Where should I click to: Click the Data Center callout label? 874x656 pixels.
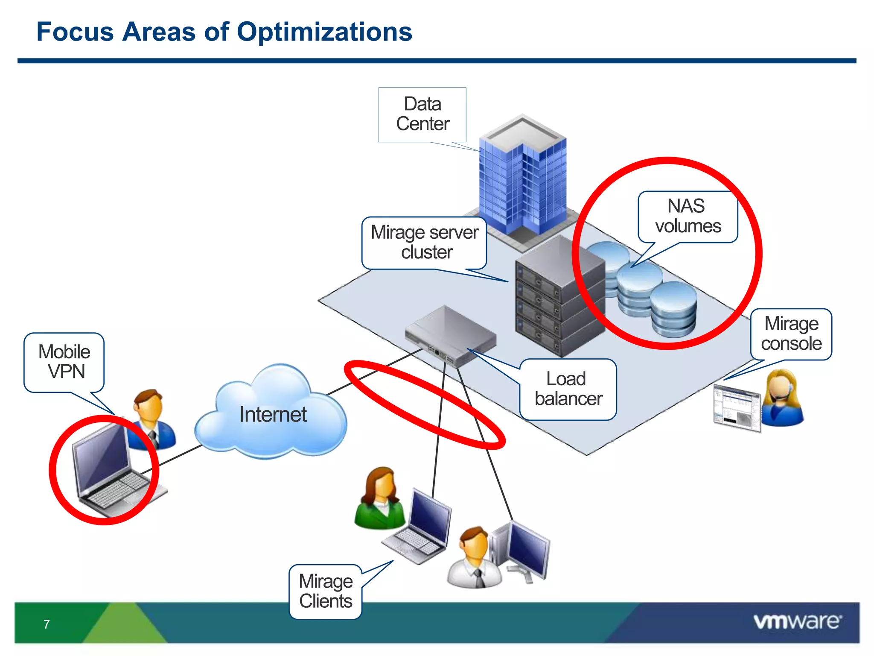(422, 114)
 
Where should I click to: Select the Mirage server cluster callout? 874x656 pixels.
(424, 242)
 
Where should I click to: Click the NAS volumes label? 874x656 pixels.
(688, 216)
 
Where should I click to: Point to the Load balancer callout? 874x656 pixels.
(568, 389)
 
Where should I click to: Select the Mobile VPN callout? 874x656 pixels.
(64, 362)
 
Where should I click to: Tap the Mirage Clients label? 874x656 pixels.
(326, 591)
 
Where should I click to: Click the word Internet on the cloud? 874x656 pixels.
(273, 414)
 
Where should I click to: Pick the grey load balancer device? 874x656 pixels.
(450, 336)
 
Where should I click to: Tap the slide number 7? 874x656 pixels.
(47, 624)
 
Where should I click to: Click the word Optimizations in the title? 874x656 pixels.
(324, 32)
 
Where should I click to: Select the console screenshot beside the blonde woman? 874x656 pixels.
(737, 408)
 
